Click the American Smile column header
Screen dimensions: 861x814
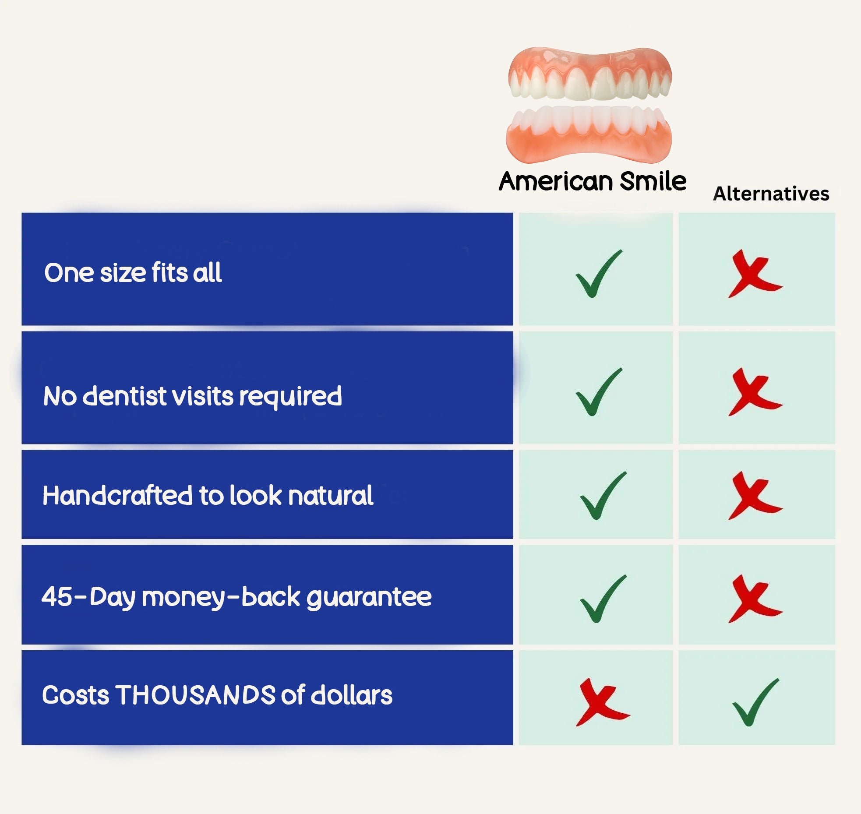(593, 181)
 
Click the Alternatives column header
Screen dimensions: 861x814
(771, 194)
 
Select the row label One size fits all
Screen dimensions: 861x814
(133, 272)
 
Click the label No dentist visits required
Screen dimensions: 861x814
(193, 396)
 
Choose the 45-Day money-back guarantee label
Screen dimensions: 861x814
(236, 597)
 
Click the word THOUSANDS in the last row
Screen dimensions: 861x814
(195, 695)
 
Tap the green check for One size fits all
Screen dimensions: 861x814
(598, 274)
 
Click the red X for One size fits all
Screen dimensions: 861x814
(755, 274)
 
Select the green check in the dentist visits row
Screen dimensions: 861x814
(598, 392)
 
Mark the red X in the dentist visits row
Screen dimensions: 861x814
(755, 392)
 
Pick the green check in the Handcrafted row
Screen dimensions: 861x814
(602, 496)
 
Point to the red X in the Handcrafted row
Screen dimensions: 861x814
(755, 496)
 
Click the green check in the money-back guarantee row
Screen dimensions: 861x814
(602, 599)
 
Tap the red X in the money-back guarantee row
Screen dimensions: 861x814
(755, 599)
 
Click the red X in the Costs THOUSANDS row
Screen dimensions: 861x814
(602, 702)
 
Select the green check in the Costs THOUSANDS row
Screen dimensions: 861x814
(755, 702)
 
